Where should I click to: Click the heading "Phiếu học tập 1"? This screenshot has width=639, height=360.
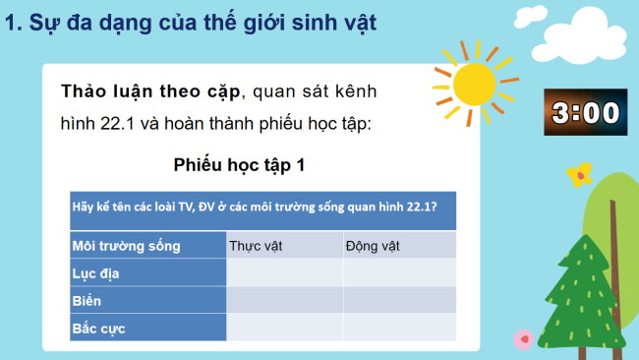(239, 165)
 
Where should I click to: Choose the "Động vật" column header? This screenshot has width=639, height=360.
(370, 245)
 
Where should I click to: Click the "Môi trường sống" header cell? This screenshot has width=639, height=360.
(121, 245)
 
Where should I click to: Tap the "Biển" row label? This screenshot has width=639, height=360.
(87, 300)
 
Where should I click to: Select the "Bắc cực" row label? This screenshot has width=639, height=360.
(99, 327)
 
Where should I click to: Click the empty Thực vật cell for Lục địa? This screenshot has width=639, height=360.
(285, 272)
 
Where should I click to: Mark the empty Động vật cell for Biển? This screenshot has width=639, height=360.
(400, 300)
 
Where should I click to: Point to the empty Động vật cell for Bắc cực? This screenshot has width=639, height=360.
(400, 327)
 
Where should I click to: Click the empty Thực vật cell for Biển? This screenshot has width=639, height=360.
(285, 300)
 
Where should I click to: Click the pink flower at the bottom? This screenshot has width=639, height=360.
(523, 338)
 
